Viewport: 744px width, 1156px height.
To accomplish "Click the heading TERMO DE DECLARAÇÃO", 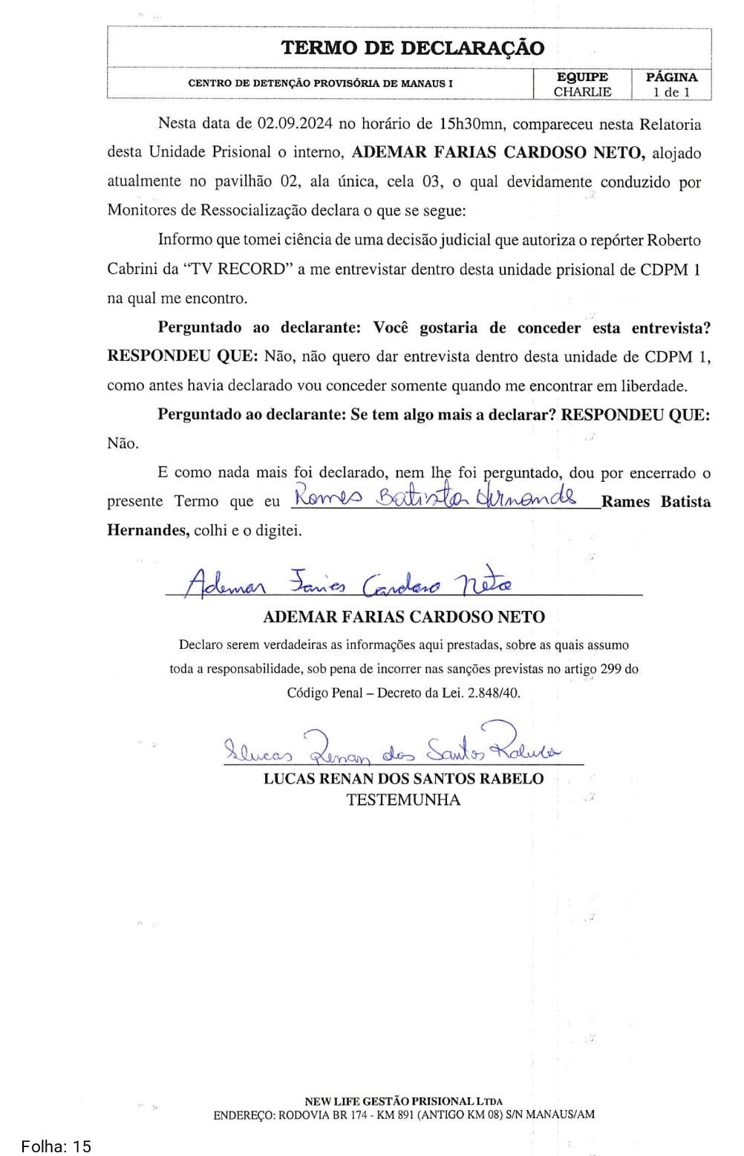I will (x=412, y=48).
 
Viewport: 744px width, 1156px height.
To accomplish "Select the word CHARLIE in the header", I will (x=582, y=92).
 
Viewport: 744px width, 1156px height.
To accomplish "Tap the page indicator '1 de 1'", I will (x=671, y=92).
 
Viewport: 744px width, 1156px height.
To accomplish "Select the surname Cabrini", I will (x=131, y=270).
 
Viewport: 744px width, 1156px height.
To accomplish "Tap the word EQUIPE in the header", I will (x=582, y=77).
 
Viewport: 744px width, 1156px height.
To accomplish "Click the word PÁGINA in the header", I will (x=671, y=77).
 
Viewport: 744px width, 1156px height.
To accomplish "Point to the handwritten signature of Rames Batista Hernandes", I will (x=434, y=497).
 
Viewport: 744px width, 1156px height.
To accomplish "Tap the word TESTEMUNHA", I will (x=403, y=800).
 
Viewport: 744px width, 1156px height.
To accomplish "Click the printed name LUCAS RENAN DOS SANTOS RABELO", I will (x=403, y=779).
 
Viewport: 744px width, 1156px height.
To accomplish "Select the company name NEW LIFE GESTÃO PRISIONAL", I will (x=389, y=1102).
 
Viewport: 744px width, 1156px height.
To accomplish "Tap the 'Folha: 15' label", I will (x=56, y=1147).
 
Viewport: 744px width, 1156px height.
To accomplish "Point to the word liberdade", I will (x=656, y=386).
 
